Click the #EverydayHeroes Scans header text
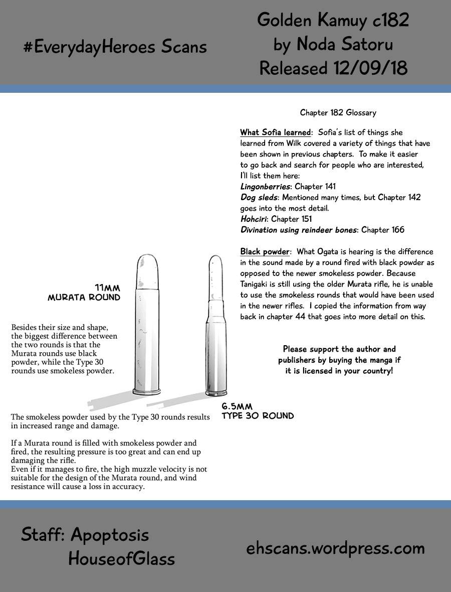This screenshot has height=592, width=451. [115, 47]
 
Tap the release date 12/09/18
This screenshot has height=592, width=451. [369, 68]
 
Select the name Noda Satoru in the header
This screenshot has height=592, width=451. [345, 44]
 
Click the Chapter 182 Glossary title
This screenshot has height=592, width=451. [338, 113]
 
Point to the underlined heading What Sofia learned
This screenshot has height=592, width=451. [275, 132]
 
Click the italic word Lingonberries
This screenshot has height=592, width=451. [266, 187]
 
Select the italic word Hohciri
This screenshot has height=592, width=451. [254, 219]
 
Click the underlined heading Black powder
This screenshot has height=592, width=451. [265, 251]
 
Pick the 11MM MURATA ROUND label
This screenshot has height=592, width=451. [84, 292]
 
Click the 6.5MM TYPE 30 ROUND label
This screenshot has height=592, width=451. [258, 411]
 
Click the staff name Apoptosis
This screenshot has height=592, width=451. [110, 535]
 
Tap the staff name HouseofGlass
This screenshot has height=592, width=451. [122, 558]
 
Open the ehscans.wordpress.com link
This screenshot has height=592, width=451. [335, 548]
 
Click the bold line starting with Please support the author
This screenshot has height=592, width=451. [339, 349]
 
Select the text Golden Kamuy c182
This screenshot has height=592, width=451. [333, 20]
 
